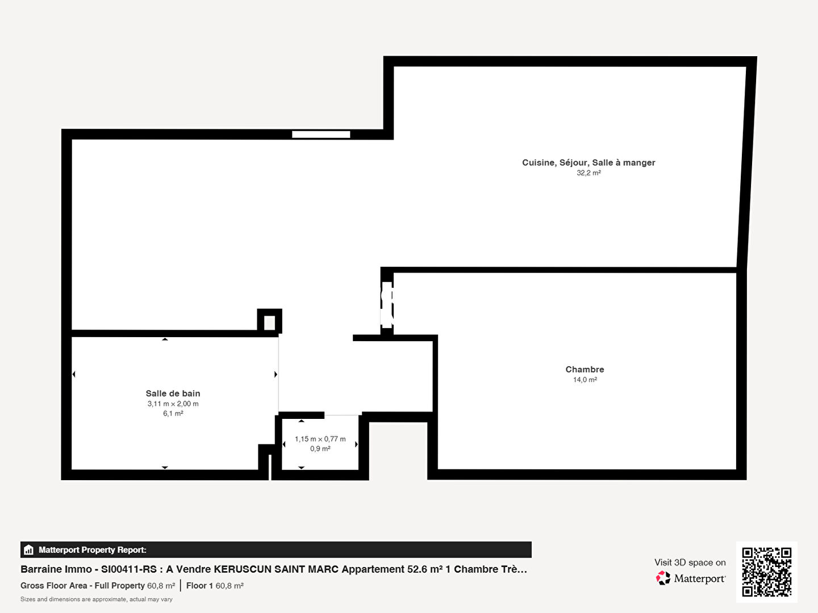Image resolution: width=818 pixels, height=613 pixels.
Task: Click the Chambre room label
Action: pos(585,369)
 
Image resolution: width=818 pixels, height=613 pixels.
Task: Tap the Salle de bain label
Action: pos(173,393)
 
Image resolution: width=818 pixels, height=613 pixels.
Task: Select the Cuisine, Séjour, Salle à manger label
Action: pos(589,163)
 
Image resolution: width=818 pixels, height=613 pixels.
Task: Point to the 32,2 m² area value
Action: pos(589,173)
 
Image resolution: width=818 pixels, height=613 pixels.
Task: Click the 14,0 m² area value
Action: pos(585,380)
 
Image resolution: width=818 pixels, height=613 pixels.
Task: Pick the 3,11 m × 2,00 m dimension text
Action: pos(173,404)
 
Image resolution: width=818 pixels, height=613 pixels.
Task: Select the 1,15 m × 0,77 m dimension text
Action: pos(320,439)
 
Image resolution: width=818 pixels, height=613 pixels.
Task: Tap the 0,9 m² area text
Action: pos(320,449)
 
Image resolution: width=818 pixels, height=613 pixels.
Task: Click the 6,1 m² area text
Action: pos(173,414)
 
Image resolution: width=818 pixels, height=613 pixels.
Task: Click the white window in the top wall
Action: pos(321,135)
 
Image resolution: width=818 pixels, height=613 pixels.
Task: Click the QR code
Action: pos(766,572)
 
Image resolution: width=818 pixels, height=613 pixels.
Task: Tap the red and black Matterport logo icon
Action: pos(663,578)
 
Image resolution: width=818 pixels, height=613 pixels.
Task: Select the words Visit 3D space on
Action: pos(690,562)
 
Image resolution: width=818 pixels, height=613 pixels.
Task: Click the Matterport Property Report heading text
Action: pos(93,550)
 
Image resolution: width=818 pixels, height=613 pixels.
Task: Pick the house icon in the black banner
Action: pos(29,550)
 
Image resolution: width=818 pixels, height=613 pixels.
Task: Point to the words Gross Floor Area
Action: pos(53,585)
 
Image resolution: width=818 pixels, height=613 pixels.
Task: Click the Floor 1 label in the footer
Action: pos(199,585)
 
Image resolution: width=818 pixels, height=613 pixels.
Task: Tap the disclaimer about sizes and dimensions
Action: pos(96,599)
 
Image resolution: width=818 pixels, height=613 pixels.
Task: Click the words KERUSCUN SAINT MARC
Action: pos(276,569)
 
